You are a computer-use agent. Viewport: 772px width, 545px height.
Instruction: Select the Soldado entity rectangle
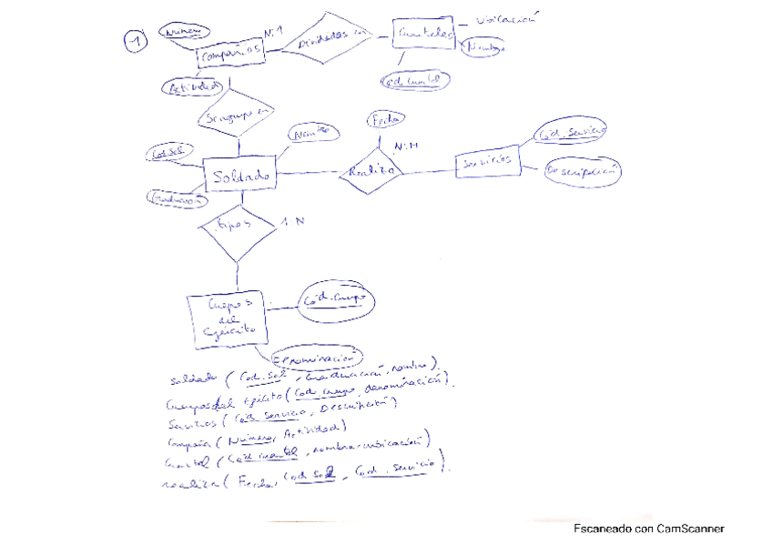click(239, 175)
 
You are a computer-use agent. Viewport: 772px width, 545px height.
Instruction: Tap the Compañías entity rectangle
click(231, 56)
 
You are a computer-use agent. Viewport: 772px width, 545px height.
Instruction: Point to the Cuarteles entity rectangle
click(424, 35)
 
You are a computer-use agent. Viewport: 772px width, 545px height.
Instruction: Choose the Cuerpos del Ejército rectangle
click(227, 319)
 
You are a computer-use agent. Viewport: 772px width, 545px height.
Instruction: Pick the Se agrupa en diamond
click(237, 116)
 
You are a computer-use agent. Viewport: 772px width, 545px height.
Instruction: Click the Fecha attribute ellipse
click(384, 119)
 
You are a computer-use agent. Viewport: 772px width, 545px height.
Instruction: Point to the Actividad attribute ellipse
click(191, 87)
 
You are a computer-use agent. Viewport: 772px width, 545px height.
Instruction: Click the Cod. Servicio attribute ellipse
click(571, 134)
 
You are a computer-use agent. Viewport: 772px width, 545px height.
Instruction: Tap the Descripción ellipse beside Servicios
click(583, 170)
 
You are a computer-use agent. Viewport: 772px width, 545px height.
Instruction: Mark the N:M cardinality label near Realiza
click(405, 146)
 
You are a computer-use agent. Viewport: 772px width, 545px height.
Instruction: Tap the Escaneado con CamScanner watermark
click(648, 528)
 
